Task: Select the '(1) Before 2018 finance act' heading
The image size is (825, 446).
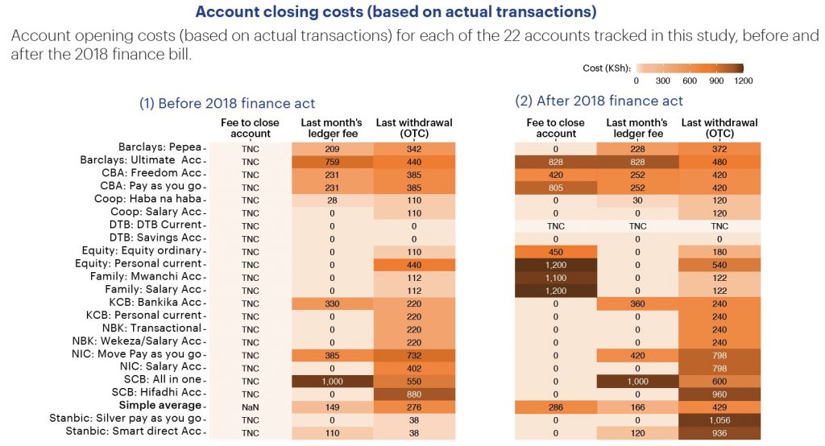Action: pyautogui.click(x=227, y=103)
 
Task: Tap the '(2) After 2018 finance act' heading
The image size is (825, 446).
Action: pyautogui.click(x=599, y=101)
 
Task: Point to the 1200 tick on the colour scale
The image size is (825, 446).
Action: pyautogui.click(x=743, y=81)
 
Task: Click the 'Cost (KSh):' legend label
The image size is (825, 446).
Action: pyautogui.click(x=607, y=68)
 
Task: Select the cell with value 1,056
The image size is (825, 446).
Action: pyautogui.click(x=719, y=419)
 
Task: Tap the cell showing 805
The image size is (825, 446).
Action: pyautogui.click(x=556, y=187)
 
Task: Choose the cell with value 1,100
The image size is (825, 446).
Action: pyautogui.click(x=556, y=277)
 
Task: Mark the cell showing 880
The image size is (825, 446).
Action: pyautogui.click(x=414, y=393)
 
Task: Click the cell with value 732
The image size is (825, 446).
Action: pyautogui.click(x=414, y=354)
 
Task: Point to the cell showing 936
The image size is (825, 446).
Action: pyautogui.click(x=719, y=432)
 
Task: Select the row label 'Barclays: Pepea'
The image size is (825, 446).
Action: pyautogui.click(x=160, y=148)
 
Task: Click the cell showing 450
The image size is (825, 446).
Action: pyautogui.click(x=556, y=251)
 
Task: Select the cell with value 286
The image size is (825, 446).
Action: pyautogui.click(x=556, y=407)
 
